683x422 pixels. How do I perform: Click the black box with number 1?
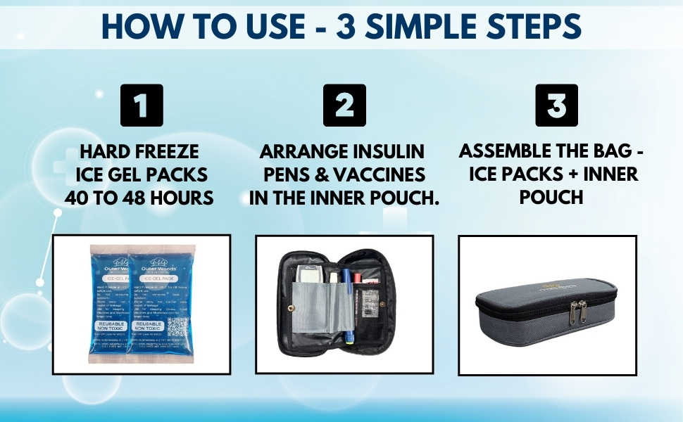tap(142, 105)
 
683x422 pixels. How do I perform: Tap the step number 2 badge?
tap(344, 105)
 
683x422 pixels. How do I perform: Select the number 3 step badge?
tap(556, 105)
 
